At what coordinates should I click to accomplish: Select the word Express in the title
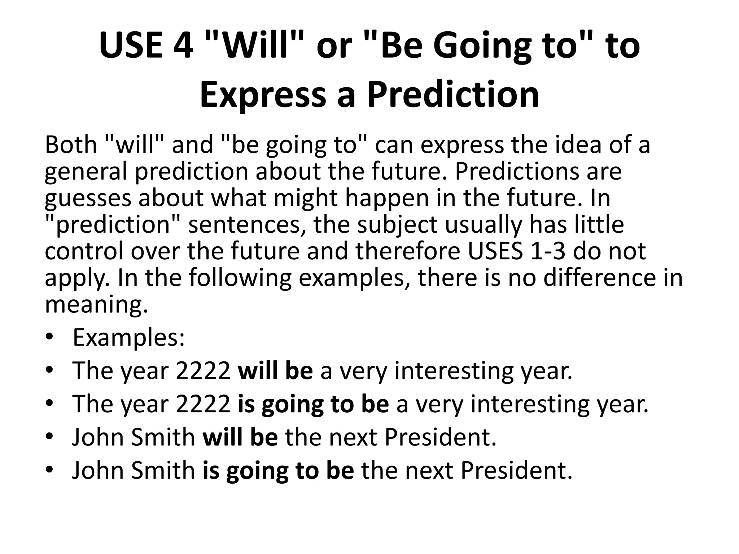[263, 95]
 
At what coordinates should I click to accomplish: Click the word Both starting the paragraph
[71, 145]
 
